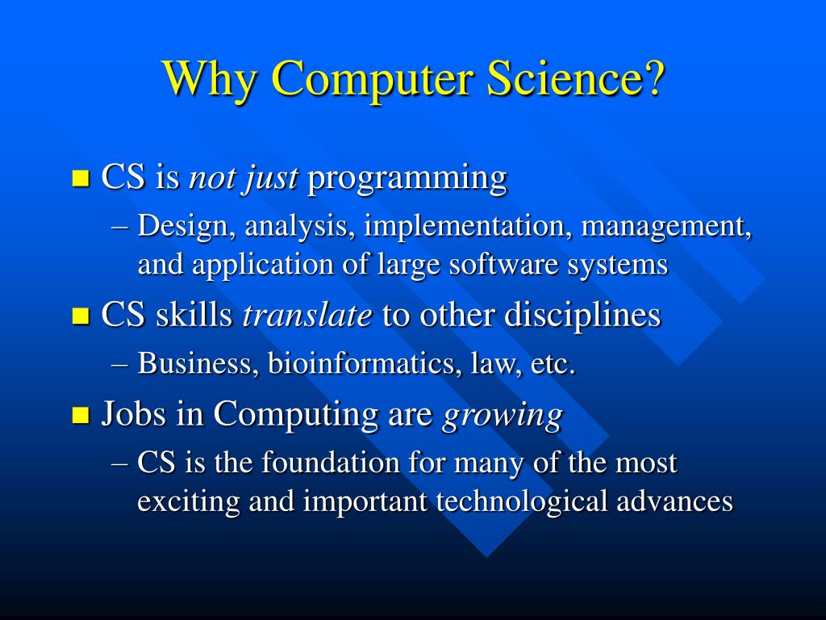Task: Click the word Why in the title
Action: point(209,78)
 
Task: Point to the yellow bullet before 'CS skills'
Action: point(80,316)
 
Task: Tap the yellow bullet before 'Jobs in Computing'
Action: point(80,417)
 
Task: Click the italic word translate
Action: point(307,316)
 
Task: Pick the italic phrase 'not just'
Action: point(243,178)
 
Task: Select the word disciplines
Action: point(582,316)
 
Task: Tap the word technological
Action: point(524,501)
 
